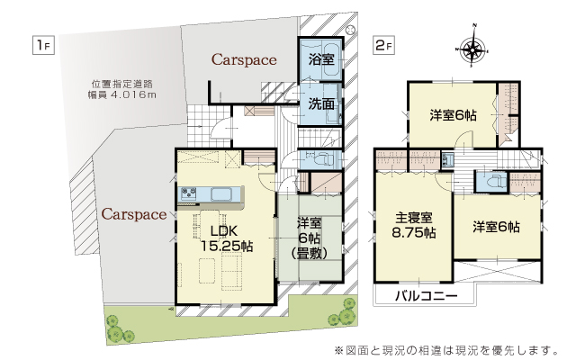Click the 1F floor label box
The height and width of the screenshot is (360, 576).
(43, 45)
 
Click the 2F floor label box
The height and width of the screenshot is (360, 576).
(383, 45)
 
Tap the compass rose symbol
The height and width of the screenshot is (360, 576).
(473, 47)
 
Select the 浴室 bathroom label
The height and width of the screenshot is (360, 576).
(321, 59)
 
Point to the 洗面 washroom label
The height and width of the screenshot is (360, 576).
(321, 104)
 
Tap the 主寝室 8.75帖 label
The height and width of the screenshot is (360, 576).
(414, 225)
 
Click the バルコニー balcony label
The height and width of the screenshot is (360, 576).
(427, 296)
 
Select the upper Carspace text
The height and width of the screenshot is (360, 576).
(244, 60)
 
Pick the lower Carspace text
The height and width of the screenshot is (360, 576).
(134, 214)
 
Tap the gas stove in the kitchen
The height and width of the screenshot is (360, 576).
(187, 193)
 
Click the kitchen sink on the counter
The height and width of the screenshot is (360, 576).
(221, 193)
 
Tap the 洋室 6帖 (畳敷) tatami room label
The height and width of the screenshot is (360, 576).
(310, 238)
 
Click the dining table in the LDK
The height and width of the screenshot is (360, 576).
(210, 224)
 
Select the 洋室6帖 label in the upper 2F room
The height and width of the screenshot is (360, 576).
(453, 115)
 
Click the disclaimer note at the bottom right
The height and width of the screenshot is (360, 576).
(446, 350)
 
